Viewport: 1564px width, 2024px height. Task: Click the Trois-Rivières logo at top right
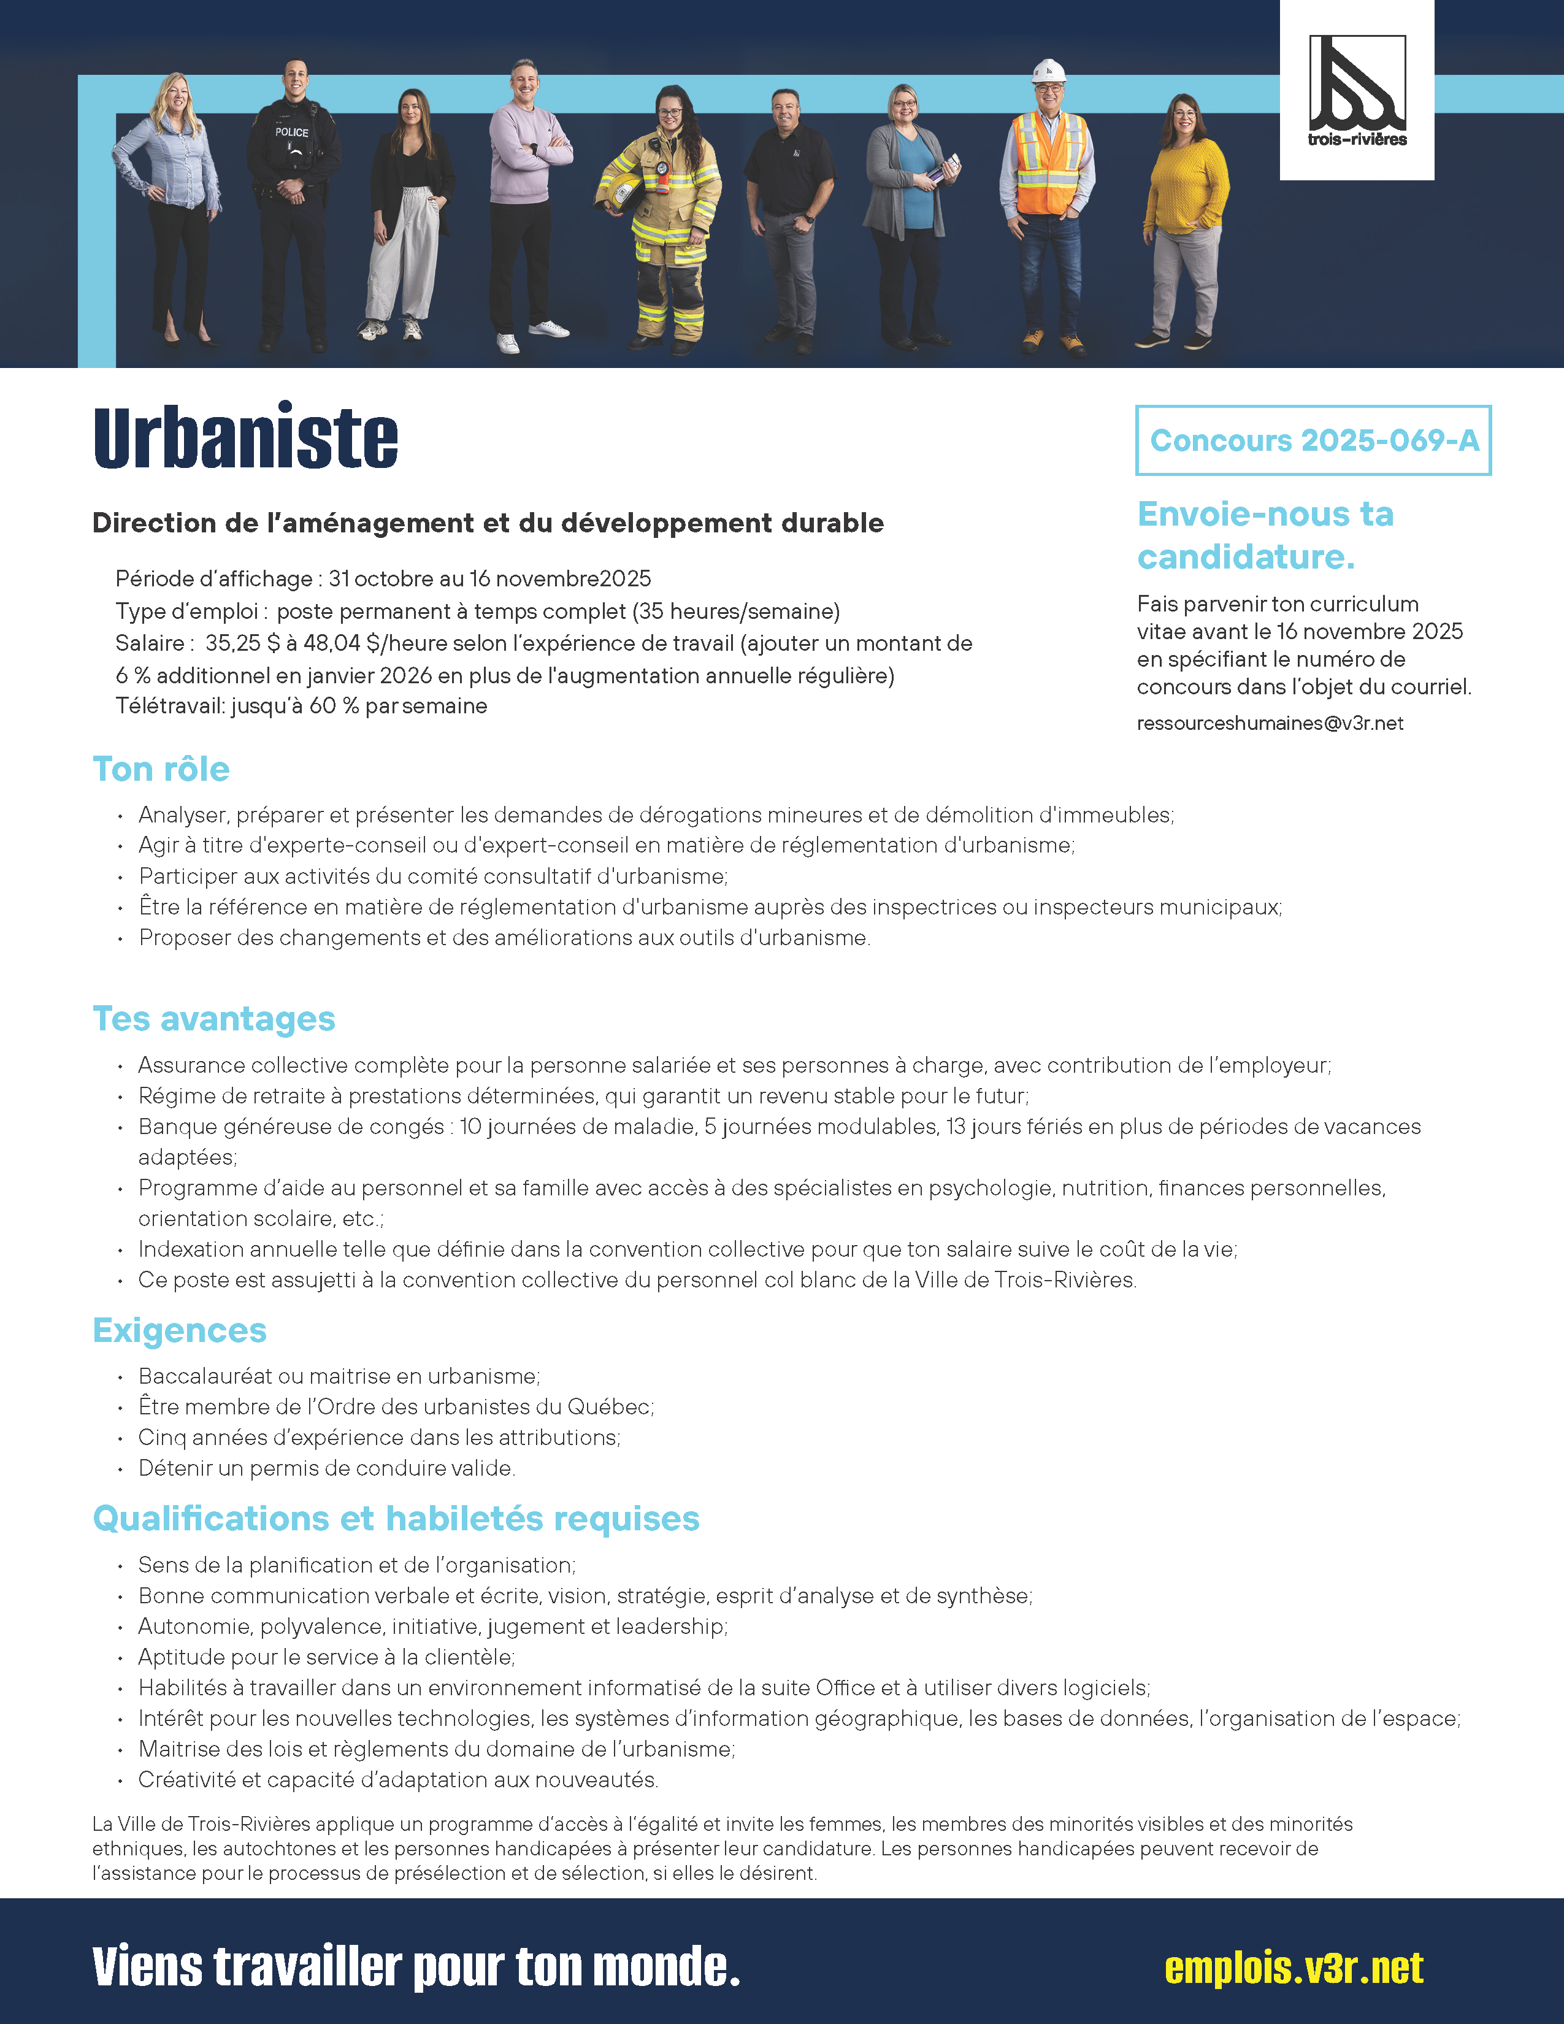pos(1357,91)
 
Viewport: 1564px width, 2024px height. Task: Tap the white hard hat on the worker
pos(1049,71)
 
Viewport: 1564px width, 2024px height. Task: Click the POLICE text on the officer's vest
pos(292,132)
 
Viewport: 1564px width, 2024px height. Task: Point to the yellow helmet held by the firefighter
pos(618,190)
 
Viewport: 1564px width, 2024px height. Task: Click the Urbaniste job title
pos(245,437)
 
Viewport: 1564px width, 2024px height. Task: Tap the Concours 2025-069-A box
pos(1313,441)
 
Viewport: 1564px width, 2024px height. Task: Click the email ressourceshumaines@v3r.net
pos(1270,724)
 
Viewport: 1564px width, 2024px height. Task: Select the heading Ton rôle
pos(161,769)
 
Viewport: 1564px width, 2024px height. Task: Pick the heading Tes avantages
pos(214,1019)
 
